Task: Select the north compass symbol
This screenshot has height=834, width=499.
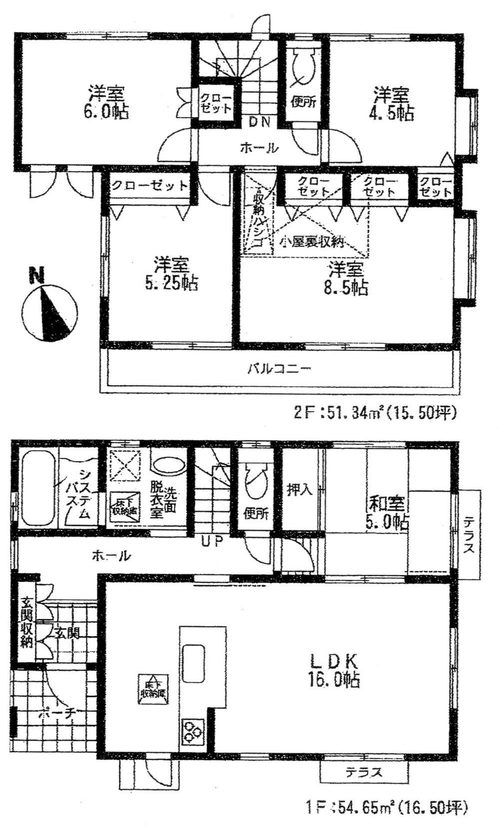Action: pos(49,313)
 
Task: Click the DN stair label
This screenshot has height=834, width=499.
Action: pos(259,121)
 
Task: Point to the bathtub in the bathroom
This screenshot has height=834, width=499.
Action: pos(37,488)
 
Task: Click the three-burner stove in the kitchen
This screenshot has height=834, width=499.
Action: pos(193,732)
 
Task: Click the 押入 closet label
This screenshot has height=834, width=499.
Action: pos(300,490)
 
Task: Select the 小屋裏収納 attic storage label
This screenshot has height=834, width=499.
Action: pos(312,243)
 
